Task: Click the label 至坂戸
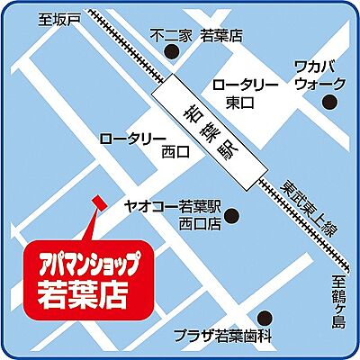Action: (61, 19)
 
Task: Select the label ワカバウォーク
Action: (319, 76)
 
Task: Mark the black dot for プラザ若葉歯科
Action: (264, 317)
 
